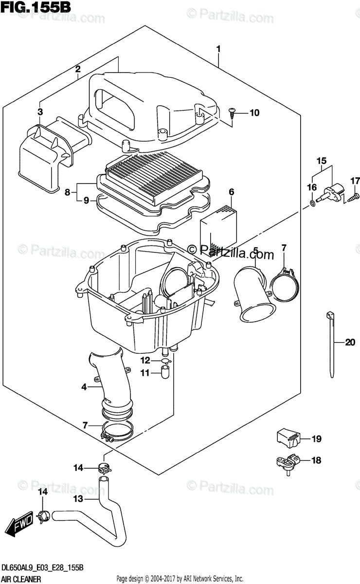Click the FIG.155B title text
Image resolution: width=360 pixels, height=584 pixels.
[x=36, y=7]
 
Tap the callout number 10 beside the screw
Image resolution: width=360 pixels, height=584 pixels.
[x=254, y=113]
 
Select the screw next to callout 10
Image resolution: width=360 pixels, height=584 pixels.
[x=232, y=112]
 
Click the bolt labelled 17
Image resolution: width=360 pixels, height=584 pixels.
[x=354, y=197]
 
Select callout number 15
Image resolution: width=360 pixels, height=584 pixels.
[x=321, y=161]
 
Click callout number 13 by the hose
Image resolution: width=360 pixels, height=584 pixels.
[x=78, y=499]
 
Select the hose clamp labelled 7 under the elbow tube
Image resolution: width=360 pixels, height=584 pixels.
[x=118, y=431]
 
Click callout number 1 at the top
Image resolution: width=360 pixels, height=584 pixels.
[x=218, y=49]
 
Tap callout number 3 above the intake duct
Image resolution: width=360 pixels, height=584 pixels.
[x=40, y=112]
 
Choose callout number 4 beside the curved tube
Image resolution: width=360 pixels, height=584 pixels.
[x=84, y=387]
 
